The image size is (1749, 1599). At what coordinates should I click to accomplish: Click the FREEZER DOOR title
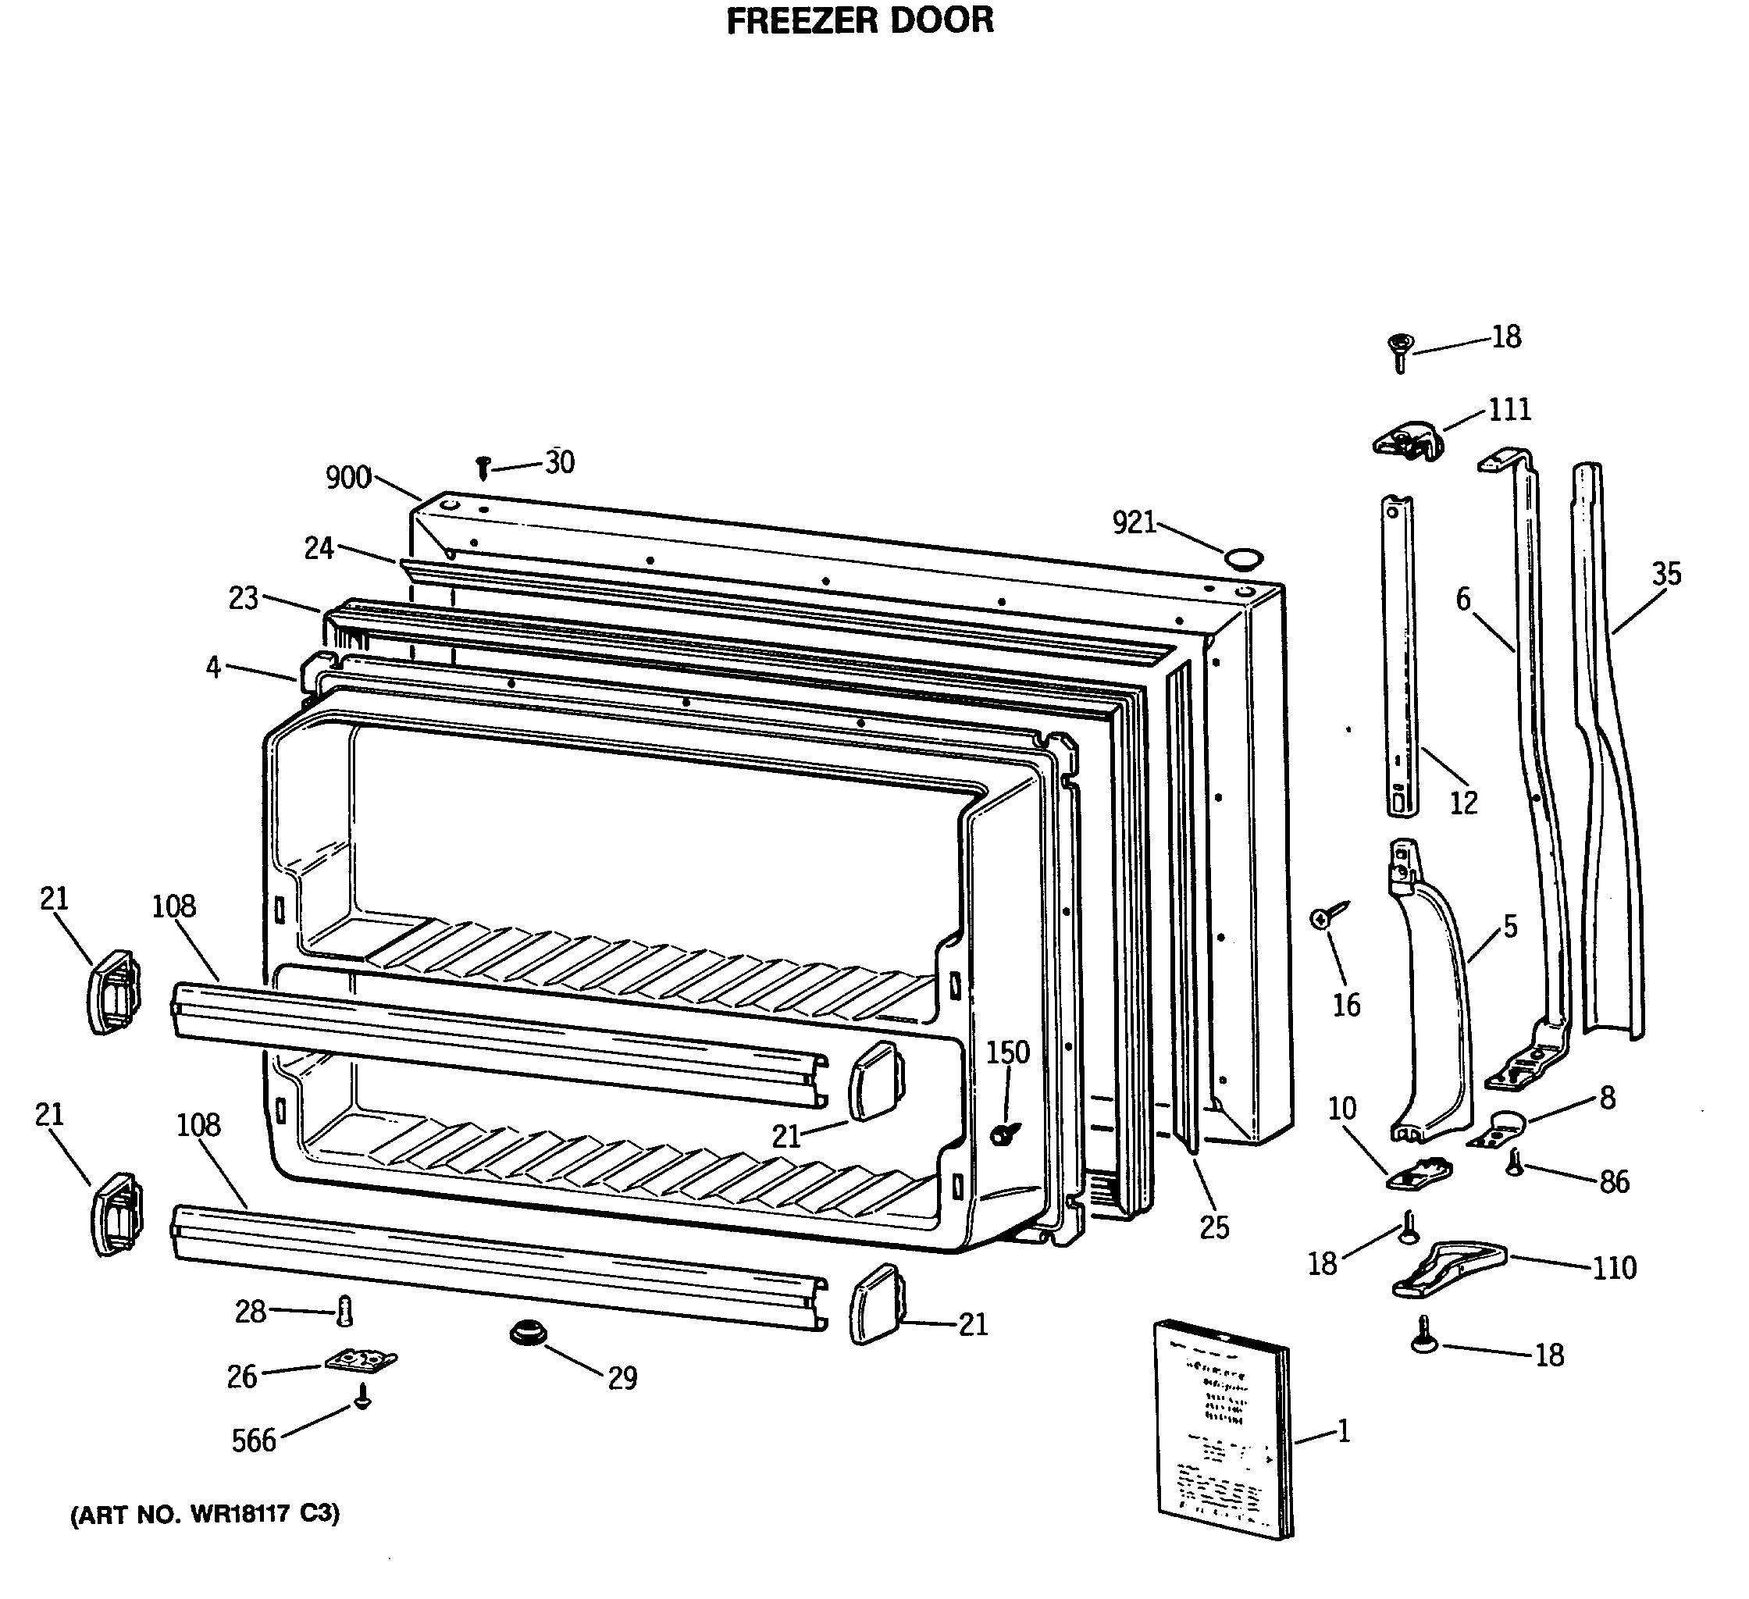pos(859,21)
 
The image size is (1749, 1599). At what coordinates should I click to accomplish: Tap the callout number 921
pos(1134,522)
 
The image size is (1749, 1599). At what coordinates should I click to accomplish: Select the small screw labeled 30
pos(483,468)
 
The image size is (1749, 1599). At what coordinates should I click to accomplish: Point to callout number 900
pos(348,478)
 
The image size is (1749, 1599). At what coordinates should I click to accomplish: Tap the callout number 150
pos(1007,1052)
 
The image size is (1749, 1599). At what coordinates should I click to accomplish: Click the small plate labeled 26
pos(361,1360)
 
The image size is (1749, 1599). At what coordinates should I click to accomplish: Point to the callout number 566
pos(253,1441)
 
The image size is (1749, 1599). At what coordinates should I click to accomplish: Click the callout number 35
pos(1665,574)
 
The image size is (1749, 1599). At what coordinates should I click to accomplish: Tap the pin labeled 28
pos(344,1311)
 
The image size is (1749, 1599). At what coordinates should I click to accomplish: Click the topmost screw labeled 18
pos(1399,350)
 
